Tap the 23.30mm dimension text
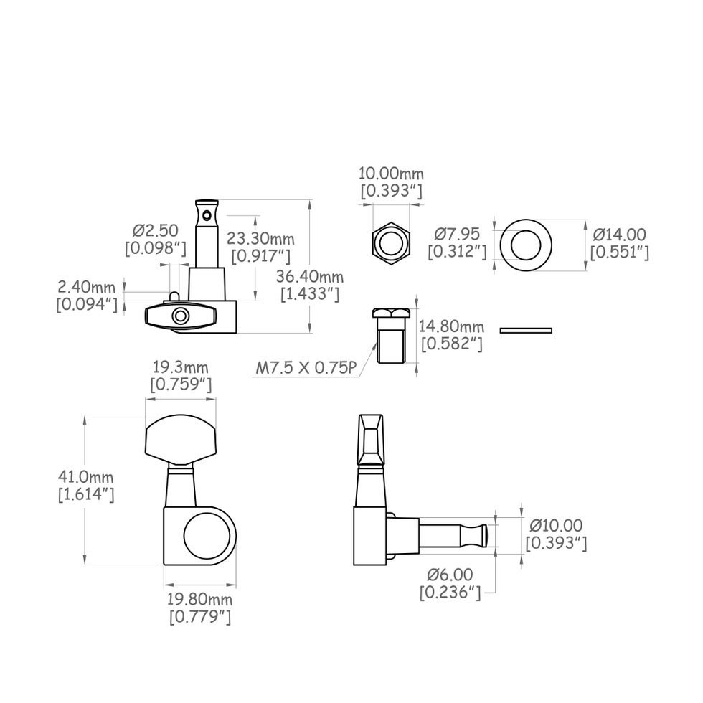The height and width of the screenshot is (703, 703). coord(259,239)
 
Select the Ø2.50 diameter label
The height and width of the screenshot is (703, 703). coord(156,231)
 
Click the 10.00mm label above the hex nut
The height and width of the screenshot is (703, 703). coord(391,174)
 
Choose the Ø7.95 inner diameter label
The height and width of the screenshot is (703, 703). coord(458,234)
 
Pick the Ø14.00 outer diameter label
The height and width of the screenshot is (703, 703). coord(620,235)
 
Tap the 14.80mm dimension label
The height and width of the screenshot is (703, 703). coord(452,326)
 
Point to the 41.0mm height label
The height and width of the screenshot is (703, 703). coord(85,477)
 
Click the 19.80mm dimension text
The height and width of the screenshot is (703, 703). coord(199,599)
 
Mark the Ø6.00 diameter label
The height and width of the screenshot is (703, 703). coord(450,575)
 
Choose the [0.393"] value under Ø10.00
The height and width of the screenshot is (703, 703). coord(556,544)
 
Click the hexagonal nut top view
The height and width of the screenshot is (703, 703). coord(391,242)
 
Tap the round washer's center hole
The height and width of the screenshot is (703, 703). coord(526,244)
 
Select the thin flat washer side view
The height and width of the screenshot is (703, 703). coord(526,330)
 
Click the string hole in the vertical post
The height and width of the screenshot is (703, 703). coord(207,214)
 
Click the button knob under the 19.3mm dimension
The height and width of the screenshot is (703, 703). coord(181,439)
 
